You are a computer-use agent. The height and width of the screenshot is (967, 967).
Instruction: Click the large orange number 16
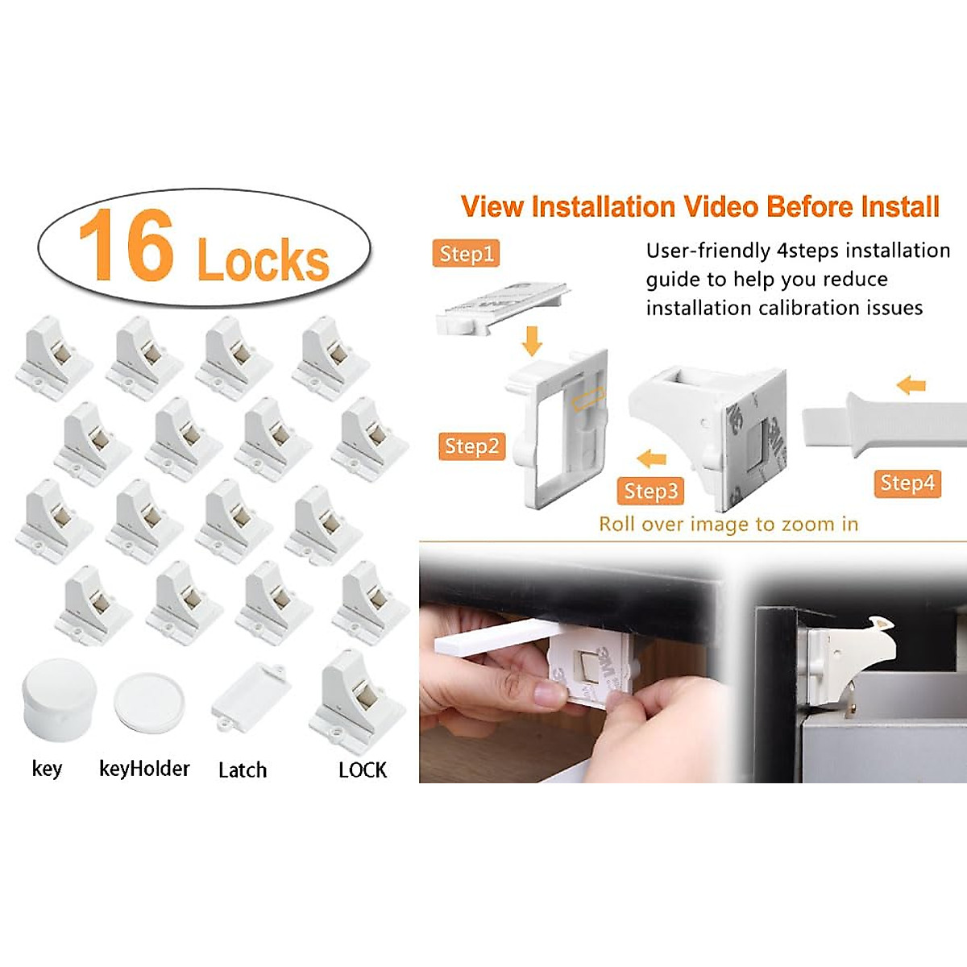coord(127,245)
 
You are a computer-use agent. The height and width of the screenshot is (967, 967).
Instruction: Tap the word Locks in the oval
coord(263,259)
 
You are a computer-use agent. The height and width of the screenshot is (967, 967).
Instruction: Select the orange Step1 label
coord(466,254)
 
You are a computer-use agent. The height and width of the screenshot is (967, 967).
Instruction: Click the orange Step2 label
coord(471,446)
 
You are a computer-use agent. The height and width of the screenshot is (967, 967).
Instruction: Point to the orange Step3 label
coord(650,491)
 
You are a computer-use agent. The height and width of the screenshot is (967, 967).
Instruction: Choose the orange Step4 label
coord(907,483)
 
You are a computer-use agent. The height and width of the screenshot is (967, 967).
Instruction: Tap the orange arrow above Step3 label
coord(651,459)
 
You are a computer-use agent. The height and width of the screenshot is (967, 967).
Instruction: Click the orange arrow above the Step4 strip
coord(911,385)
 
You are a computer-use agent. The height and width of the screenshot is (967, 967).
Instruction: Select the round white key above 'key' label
coord(59,698)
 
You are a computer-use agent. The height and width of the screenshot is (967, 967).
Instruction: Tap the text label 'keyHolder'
coord(144,769)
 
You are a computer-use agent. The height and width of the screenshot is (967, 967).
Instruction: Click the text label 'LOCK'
coord(363,770)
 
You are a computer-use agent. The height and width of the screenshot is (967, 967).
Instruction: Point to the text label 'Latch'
coord(242,770)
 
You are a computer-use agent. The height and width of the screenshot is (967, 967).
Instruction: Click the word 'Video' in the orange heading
coord(721,207)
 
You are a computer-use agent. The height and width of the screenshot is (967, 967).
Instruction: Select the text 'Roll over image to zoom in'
coord(728,525)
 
